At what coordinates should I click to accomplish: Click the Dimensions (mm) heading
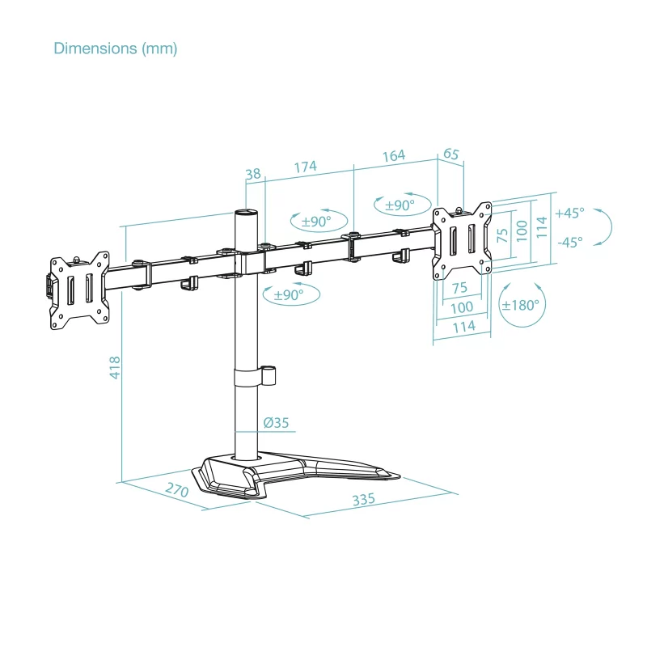pos(116,49)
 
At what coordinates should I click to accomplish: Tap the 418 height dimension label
pos(115,368)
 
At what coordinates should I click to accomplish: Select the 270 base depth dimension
pos(177,489)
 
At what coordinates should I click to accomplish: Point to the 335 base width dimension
pos(363,499)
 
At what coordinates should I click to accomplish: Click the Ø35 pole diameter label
pos(276,422)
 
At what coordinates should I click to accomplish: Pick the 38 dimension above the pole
pos(253,174)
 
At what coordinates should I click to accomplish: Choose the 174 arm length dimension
pos(306,167)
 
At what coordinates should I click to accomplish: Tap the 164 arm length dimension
pos(394,155)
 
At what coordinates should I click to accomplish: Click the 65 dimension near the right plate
pos(451,154)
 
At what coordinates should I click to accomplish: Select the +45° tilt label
pos(569,213)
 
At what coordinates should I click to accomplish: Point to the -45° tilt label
pos(570,242)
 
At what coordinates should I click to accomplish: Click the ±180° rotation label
pos(520,306)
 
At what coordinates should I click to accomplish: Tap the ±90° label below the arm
pos(289,295)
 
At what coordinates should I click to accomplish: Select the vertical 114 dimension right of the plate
pos(542,226)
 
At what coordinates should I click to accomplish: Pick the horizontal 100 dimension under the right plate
pos(462,307)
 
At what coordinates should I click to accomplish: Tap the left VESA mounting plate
pos(79,290)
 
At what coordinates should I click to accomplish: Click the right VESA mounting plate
pos(462,240)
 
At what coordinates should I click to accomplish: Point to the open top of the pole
pos(246,213)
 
